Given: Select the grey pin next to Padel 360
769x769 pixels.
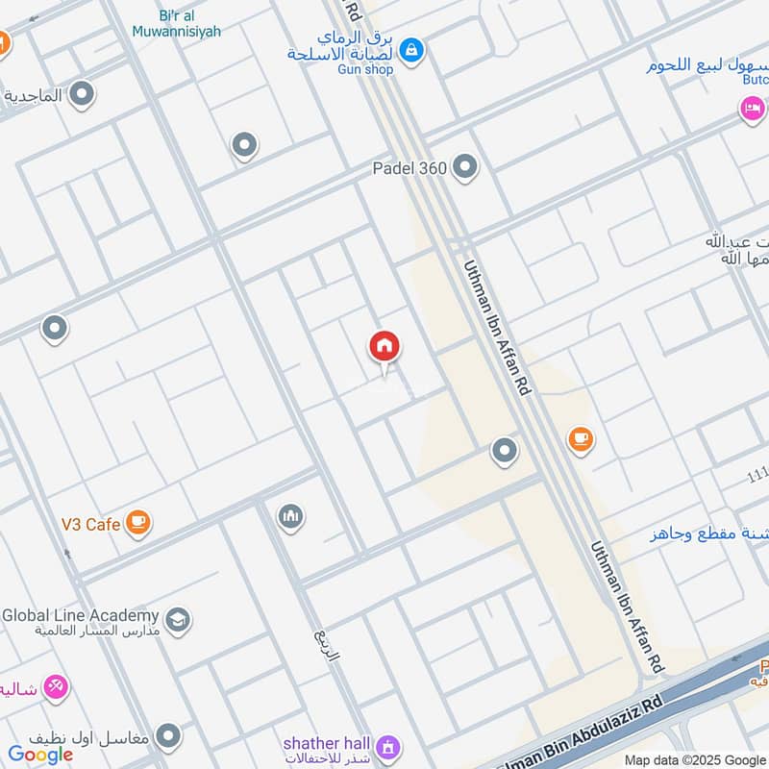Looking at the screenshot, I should (x=465, y=168).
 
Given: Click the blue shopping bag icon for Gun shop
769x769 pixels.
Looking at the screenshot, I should (x=411, y=49).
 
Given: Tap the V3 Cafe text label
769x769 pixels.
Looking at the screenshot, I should (x=90, y=524).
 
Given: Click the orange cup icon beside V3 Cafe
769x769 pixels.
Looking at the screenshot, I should (x=139, y=523).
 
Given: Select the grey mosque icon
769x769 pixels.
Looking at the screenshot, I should (x=291, y=517).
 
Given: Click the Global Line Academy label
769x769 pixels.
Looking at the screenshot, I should (x=80, y=615).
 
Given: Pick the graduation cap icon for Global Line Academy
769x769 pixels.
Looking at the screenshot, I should (x=177, y=620).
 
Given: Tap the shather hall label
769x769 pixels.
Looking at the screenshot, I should (x=325, y=743).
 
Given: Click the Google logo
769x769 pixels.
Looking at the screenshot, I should (x=40, y=755).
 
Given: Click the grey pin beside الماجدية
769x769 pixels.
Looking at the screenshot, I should (x=83, y=94).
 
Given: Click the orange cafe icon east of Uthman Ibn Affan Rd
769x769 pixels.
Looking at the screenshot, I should (x=580, y=439).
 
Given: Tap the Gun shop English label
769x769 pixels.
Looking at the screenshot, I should (x=365, y=69).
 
